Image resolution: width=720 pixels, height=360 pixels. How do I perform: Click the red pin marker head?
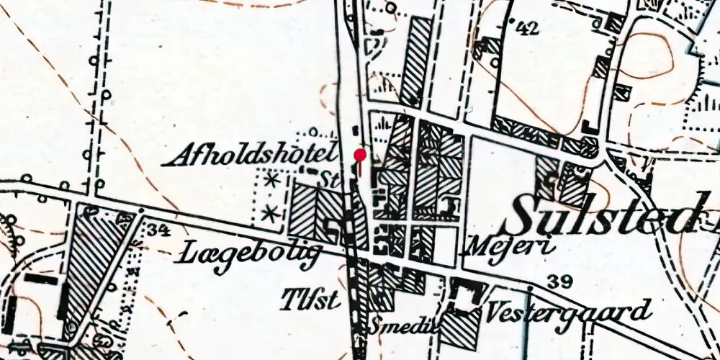[361, 154]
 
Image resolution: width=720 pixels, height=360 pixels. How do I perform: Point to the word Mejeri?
[512, 247]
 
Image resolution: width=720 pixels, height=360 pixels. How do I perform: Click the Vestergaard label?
[568, 312]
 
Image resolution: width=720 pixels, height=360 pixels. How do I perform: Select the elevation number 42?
[528, 29]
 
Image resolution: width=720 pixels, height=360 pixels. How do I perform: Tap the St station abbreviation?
[330, 177]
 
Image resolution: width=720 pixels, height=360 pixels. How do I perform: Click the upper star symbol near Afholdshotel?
[272, 181]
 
